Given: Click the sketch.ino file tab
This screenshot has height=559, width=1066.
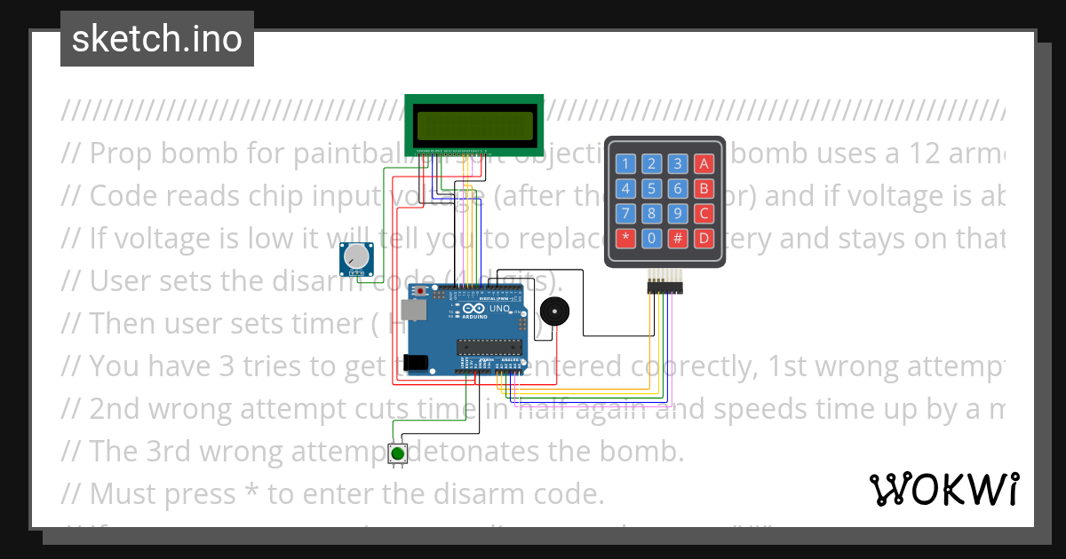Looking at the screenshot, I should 157,39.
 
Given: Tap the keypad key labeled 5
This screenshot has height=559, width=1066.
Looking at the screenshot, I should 652,188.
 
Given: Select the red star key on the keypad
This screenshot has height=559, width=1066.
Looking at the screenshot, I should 626,238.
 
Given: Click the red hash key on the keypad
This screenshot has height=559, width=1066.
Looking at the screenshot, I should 678,238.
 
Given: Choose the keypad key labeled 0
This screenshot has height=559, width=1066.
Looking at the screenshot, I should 652,238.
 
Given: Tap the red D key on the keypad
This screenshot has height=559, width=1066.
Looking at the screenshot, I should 704,238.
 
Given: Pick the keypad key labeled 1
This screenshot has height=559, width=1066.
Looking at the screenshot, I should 626,163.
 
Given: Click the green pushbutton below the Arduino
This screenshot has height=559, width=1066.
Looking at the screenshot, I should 398,453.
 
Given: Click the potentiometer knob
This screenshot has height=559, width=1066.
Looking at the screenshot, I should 355,257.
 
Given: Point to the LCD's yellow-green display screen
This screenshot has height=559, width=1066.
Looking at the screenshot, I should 474,122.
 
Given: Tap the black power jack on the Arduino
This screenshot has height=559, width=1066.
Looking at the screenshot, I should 415,362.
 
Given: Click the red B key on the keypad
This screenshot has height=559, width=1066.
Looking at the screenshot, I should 704,188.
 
